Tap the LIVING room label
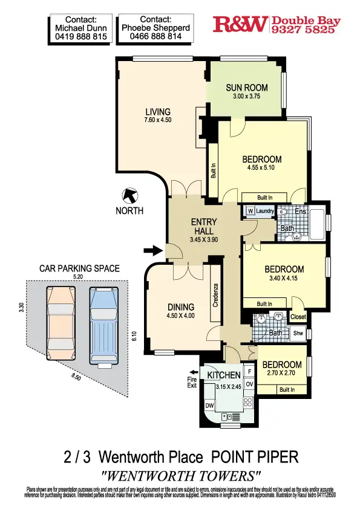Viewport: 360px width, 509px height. pos(158,112)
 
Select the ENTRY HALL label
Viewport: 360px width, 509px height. pos(203,227)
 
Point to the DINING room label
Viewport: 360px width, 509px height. pos(181,306)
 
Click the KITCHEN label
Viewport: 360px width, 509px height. pos(224,375)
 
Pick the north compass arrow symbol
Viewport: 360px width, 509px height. pos(129,196)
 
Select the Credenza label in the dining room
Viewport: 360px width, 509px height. pos(215,294)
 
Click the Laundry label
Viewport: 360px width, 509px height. pos(264,210)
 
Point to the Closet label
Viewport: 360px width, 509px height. pos(298,317)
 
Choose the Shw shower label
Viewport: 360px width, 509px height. pos(298,332)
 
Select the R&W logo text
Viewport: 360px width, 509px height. pos(240,24)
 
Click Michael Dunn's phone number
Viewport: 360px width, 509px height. pos(80,37)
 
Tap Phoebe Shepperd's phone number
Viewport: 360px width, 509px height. pos(155,37)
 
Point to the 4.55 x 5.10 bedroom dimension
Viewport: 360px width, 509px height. pos(261,168)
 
